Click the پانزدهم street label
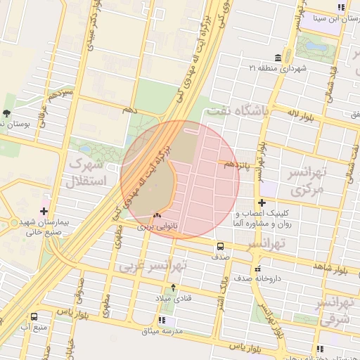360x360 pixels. [238, 165]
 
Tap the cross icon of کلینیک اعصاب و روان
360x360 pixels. [262, 202]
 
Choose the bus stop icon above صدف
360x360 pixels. [221, 247]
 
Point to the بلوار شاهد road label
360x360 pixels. [333, 268]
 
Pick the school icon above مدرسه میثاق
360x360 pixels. [162, 321]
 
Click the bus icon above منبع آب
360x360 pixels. [34, 317]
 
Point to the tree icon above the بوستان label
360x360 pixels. [7, 112]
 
